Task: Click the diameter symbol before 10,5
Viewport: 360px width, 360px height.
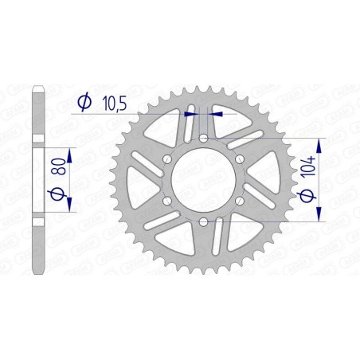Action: coord(83,102)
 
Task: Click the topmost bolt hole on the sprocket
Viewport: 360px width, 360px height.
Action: coord(205,139)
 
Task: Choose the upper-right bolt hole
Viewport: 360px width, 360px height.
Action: coord(241,159)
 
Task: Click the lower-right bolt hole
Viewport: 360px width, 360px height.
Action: coord(241,201)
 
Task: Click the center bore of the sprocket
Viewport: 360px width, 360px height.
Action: coord(205,180)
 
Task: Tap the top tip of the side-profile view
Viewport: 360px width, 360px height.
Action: coord(37,88)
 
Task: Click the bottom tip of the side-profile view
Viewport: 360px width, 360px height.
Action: coord(37,272)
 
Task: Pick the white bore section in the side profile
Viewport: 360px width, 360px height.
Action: coord(37,180)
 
